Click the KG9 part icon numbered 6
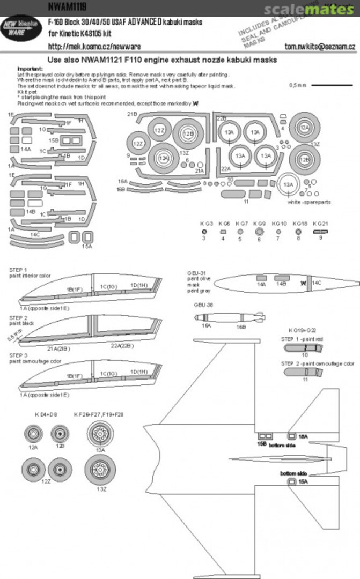(259, 231)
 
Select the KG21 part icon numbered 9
(320, 231)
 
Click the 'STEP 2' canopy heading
(18, 318)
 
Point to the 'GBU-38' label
(204, 305)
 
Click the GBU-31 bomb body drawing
(268, 281)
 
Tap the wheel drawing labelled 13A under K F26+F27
(100, 432)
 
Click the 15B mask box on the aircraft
(263, 436)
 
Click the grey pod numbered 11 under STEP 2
(304, 373)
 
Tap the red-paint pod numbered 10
(304, 347)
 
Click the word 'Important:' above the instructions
(31, 69)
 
